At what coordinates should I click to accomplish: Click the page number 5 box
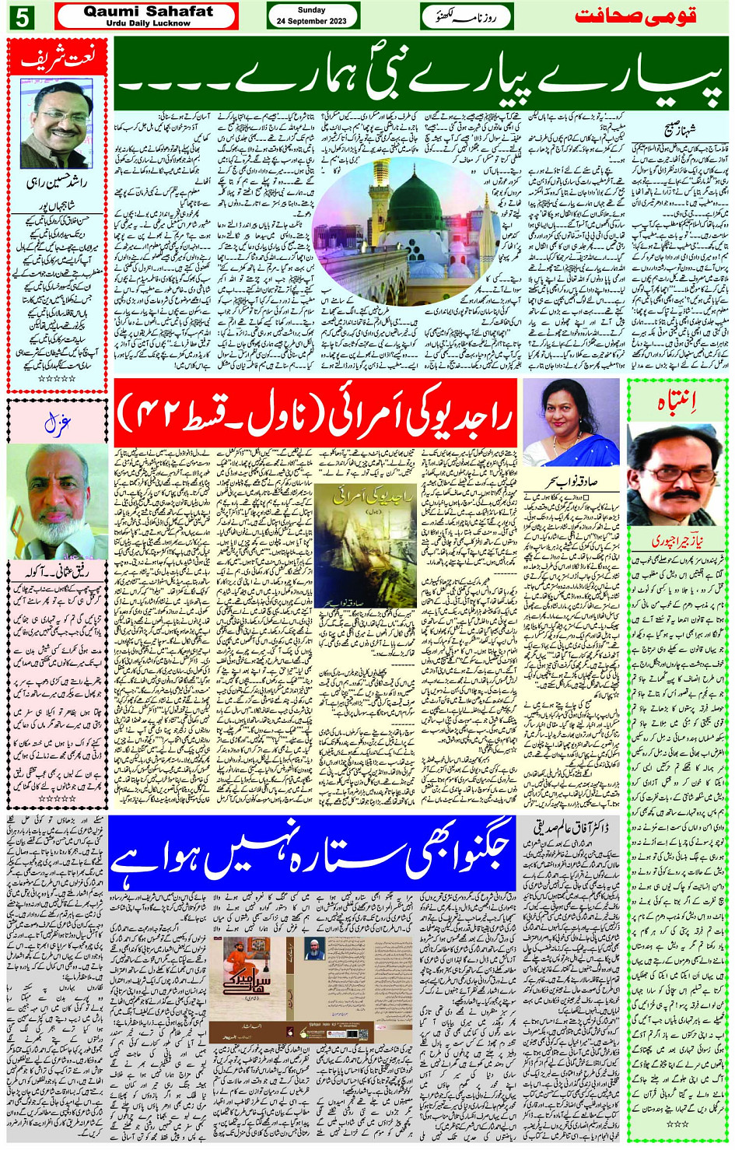tap(22, 16)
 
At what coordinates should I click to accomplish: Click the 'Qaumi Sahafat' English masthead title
tap(148, 11)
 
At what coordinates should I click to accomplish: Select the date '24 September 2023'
tap(312, 21)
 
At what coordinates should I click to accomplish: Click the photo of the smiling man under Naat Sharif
tap(56, 124)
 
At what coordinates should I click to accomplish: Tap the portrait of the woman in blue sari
tap(572, 424)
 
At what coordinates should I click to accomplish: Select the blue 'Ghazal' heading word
tap(58, 423)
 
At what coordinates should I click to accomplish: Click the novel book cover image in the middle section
tap(365, 545)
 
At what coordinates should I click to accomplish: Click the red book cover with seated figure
tap(248, 987)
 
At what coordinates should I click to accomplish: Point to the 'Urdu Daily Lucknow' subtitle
tap(148, 23)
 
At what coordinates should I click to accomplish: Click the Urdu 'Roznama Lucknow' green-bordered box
tap(467, 16)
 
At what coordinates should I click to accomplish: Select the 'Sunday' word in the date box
tap(312, 10)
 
